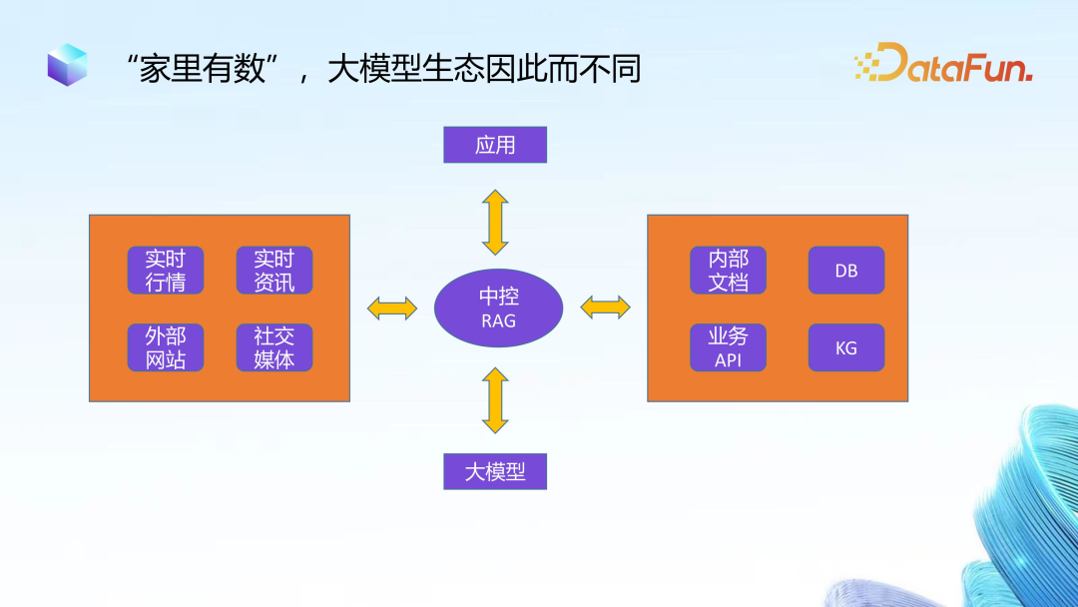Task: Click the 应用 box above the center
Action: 495,145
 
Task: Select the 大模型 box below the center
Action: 495,471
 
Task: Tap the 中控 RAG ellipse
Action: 498,307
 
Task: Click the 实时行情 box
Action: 166,271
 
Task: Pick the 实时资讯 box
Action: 274,271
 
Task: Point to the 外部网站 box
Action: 166,347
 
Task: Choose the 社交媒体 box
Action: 274,347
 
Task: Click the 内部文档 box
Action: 728,271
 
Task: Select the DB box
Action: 846,271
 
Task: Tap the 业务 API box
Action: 728,347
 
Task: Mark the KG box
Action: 846,347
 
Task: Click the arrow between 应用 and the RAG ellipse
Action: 495,222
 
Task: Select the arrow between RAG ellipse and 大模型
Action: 495,400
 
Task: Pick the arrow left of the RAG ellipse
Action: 392,307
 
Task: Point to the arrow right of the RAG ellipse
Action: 605,307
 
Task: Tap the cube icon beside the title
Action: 67,65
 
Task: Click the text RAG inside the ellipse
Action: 498,321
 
